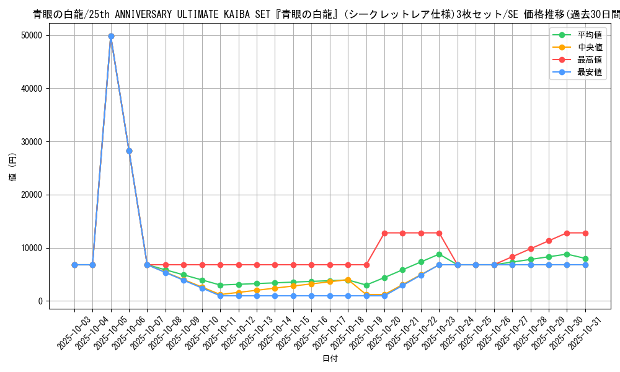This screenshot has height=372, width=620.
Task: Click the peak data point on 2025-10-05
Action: tap(111, 36)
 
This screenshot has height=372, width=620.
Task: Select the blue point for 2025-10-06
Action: tap(129, 151)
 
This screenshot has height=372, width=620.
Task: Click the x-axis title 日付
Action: tap(330, 359)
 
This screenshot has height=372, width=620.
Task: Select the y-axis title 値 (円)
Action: tap(13, 168)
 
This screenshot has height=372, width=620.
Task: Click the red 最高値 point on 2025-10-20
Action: tap(384, 233)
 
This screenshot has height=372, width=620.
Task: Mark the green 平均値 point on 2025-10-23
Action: tap(439, 254)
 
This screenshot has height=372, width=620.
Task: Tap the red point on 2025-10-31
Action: tap(585, 233)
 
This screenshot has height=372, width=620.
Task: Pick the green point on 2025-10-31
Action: tap(585, 259)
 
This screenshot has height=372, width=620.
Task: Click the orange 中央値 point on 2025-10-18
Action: tap(348, 280)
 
